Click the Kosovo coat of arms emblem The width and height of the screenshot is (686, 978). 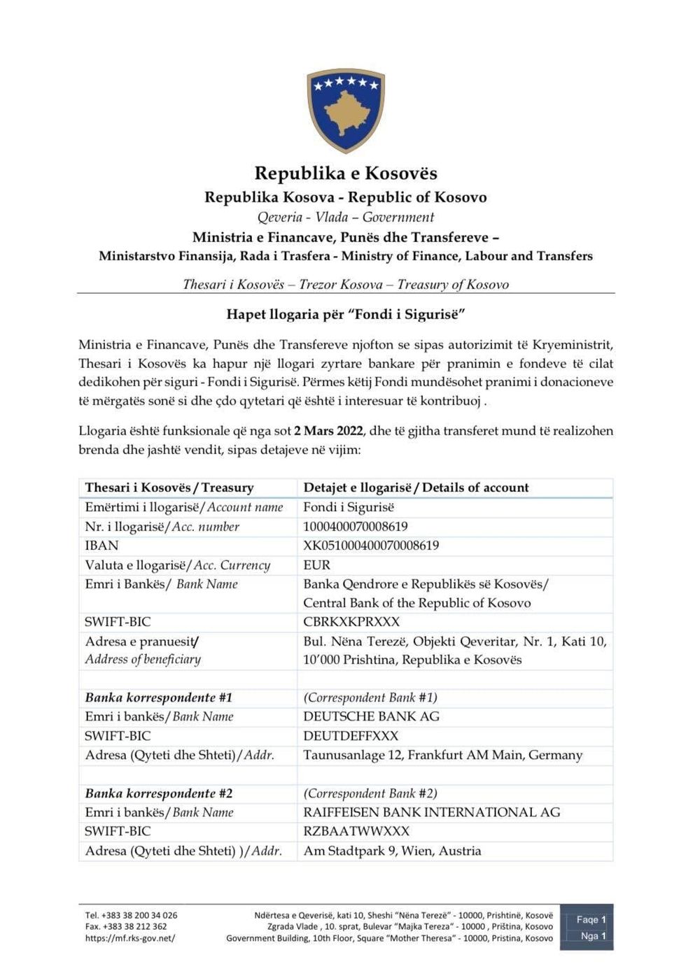[346, 110]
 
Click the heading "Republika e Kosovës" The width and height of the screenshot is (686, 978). [345, 173]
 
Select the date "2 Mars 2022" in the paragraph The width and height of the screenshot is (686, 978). [323, 431]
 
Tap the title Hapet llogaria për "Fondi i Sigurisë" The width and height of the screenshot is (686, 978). [345, 314]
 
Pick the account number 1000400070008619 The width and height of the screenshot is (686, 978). [355, 527]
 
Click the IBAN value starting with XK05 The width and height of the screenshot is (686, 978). [371, 546]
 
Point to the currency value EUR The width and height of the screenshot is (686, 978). [316, 565]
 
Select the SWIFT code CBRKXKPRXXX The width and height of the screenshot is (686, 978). [351, 622]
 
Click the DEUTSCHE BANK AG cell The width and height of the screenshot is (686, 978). [371, 716]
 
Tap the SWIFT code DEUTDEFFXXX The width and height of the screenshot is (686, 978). [351, 736]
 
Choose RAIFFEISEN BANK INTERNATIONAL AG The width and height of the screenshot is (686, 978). [431, 812]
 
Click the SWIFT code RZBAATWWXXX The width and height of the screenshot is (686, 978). [356, 831]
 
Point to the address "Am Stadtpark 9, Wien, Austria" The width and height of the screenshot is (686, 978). [392, 851]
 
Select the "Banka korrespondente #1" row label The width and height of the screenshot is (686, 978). [158, 697]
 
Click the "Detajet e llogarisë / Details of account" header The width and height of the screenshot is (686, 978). [416, 488]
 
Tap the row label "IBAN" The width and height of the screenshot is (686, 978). [101, 546]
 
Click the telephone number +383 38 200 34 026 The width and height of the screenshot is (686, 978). [131, 915]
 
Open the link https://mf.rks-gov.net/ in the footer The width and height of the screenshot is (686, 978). [130, 938]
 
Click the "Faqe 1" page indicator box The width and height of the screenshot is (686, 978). [591, 920]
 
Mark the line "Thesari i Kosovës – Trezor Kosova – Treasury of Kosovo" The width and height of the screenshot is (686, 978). [345, 285]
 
